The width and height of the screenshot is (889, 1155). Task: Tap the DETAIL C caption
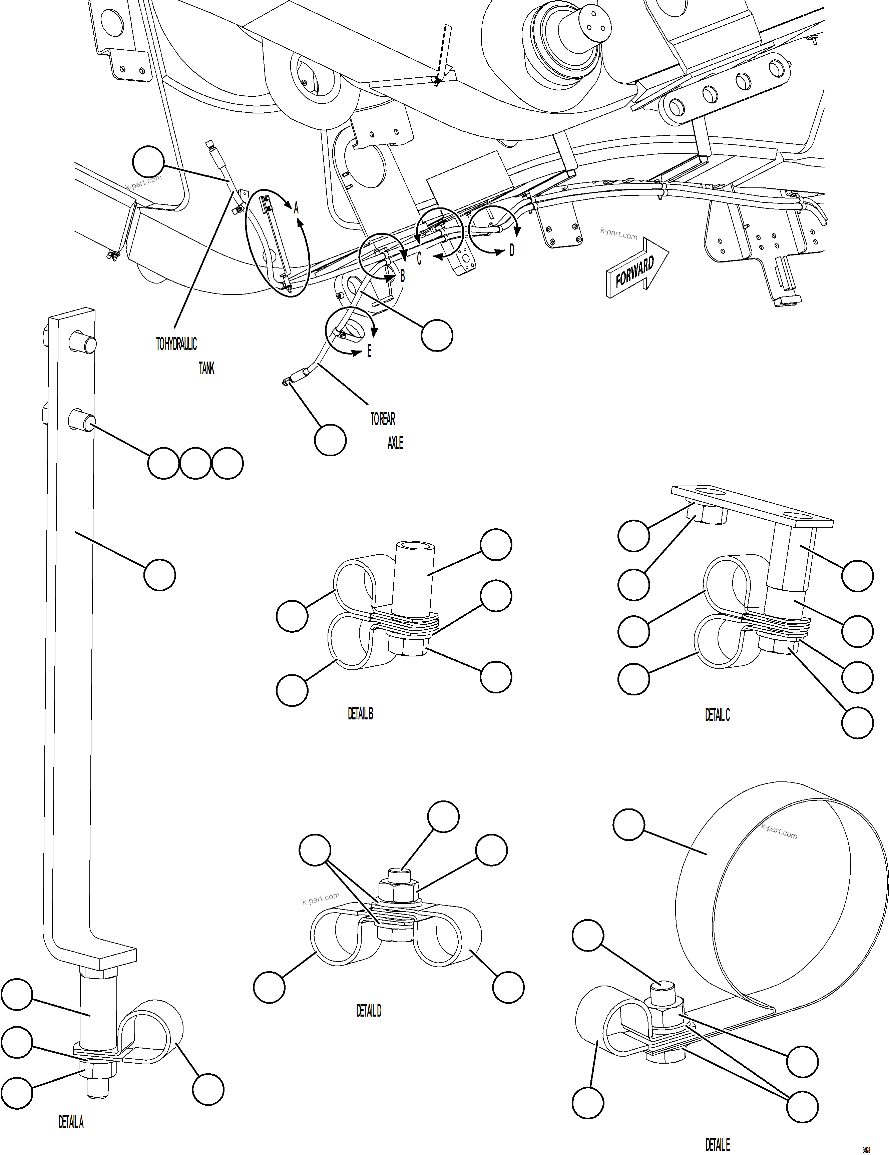pyautogui.click(x=717, y=715)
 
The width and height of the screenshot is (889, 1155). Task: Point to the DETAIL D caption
pyautogui.click(x=369, y=1011)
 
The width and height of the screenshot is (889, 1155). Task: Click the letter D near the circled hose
pyautogui.click(x=511, y=251)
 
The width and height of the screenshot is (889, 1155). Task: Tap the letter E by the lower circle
pyautogui.click(x=369, y=351)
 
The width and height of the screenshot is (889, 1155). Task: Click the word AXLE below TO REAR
pyautogui.click(x=395, y=443)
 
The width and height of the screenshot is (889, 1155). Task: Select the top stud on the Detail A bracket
pyautogui.click(x=82, y=343)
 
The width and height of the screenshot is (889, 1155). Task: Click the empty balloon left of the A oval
pyautogui.click(x=148, y=162)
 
